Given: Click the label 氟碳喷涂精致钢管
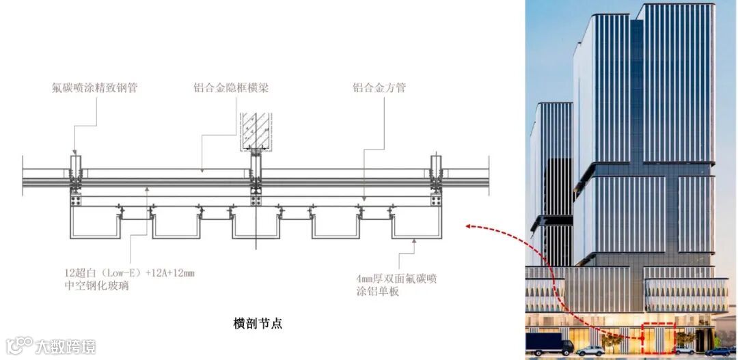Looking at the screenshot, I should (94, 87).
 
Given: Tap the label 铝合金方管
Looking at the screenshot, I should (379, 87).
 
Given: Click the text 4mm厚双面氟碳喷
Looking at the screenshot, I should (396, 278).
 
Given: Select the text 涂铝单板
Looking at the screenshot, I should (377, 292).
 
